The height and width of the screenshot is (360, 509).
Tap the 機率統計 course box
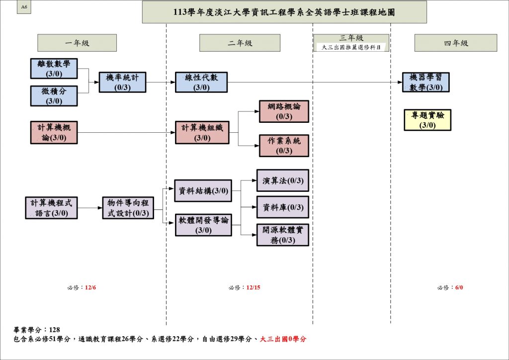(122, 82)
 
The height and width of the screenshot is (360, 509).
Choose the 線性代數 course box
(201, 82)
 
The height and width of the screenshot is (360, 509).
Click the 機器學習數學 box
(426, 82)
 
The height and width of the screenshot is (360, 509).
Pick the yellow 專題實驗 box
(427, 120)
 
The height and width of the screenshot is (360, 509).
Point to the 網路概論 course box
(284, 111)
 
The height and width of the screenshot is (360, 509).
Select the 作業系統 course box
(284, 146)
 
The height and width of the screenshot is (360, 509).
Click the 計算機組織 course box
(202, 133)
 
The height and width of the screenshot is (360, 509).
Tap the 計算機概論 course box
(54, 133)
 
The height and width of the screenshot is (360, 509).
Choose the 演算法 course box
(282, 180)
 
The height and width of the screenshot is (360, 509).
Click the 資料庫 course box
(282, 207)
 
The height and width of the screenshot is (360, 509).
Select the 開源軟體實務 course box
(282, 235)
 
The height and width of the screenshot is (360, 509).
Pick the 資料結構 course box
(203, 191)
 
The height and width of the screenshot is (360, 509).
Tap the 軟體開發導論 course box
(203, 225)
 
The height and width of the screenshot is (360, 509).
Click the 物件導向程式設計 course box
(128, 208)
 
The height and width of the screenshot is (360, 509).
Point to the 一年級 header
(77, 43)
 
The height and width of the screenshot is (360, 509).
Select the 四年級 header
(455, 43)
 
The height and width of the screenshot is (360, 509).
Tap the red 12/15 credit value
(253, 287)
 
